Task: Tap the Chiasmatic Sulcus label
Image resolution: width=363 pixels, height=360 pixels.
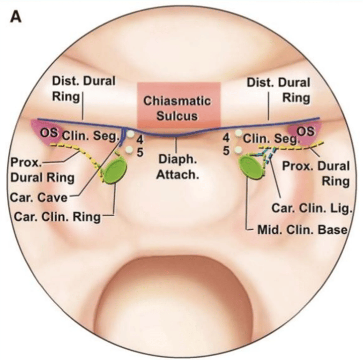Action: tap(177, 108)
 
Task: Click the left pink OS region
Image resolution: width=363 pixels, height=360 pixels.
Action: tap(43, 131)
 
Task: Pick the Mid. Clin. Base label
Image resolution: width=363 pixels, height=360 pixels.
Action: tap(301, 230)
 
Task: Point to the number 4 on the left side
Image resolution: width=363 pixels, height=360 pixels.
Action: tap(139, 139)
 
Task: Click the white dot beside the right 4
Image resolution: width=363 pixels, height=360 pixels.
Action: tap(238, 134)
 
